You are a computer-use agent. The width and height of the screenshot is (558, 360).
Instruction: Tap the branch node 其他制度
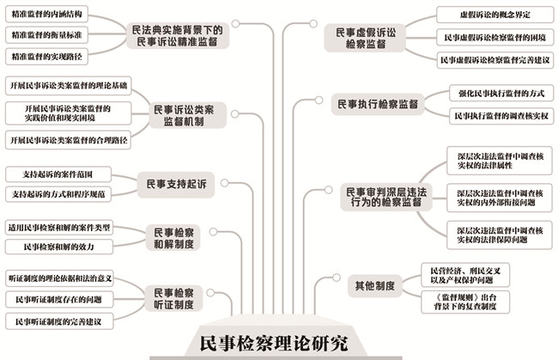373,284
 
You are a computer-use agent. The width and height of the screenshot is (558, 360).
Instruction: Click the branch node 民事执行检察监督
378,105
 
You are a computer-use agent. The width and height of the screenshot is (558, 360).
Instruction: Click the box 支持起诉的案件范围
58,174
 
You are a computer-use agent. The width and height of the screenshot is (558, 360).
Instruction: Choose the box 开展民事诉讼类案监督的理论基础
69,86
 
